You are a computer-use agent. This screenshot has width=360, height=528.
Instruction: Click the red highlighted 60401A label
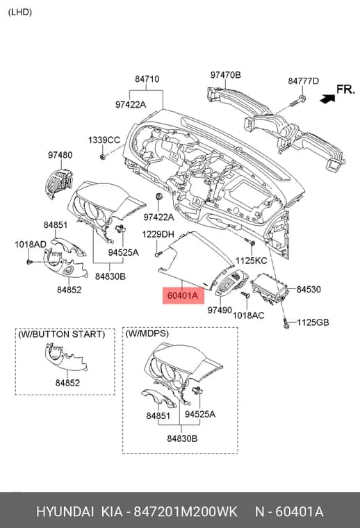183,295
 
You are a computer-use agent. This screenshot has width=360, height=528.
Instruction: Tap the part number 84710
147,79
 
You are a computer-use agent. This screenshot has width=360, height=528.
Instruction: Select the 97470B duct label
226,75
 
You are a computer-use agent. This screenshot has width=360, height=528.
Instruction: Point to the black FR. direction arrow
327,99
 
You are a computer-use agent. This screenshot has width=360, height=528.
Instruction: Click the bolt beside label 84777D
297,100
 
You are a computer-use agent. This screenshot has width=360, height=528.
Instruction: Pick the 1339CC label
104,140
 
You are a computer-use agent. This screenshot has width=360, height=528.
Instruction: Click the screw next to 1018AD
30,261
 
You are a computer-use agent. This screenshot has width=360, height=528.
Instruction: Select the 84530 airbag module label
309,289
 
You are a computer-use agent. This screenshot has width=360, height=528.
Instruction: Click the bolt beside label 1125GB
286,323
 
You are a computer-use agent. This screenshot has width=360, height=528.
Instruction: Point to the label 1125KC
251,261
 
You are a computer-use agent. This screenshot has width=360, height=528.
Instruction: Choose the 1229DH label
158,234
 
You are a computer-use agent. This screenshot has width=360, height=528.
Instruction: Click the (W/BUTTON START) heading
62,334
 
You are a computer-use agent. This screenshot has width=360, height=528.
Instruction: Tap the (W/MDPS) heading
147,333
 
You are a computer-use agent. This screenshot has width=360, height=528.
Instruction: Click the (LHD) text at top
20,12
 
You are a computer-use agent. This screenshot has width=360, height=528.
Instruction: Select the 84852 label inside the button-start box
67,383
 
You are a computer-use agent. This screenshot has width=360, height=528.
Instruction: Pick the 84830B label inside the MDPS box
182,438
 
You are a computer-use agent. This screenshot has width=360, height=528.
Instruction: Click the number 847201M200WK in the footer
186,511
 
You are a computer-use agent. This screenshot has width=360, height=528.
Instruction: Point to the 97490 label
220,310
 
